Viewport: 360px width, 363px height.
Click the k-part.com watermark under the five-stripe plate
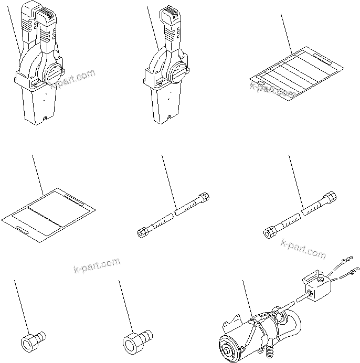point(273,89)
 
